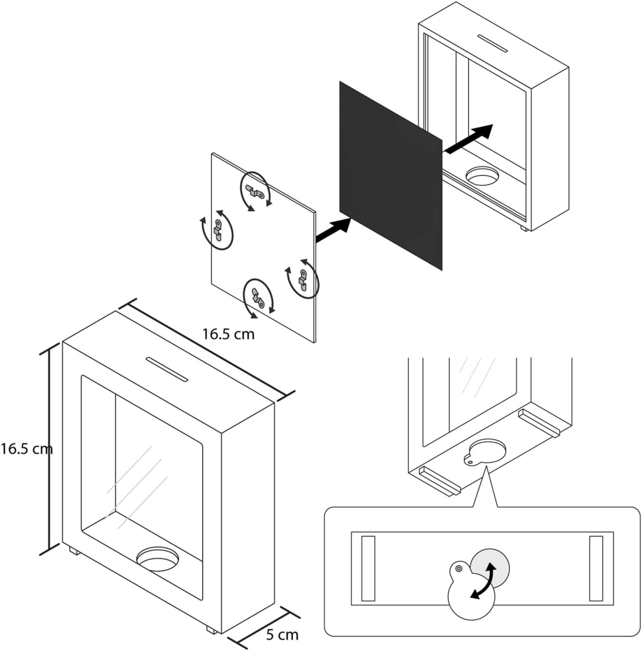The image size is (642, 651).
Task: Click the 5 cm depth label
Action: pos(282,635)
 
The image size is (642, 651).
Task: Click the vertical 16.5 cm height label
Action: pos(26,449)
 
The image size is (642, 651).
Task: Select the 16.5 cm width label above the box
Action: pos(228,334)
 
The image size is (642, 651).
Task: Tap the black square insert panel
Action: pos(390,176)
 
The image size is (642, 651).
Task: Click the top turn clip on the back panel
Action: pos(255,191)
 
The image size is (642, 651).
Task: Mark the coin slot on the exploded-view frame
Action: pos(493,43)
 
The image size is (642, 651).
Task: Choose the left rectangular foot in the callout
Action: pos(368,568)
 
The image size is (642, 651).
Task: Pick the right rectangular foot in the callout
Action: pos(596,568)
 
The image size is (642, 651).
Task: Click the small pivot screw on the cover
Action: pos(459,569)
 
